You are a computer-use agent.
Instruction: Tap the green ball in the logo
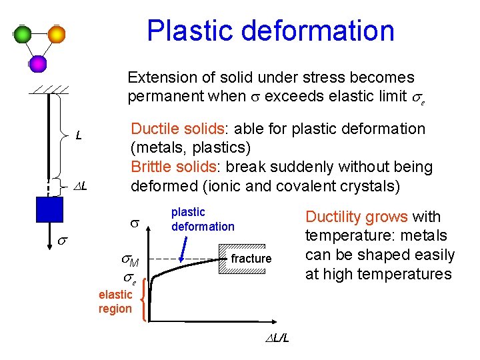click(23, 34)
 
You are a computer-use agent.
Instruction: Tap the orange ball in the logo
click(57, 34)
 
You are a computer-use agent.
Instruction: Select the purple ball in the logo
click(38, 63)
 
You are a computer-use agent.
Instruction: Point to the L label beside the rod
click(79, 136)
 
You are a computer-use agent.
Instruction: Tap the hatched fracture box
click(251, 259)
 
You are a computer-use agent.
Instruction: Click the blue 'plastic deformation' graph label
click(203, 219)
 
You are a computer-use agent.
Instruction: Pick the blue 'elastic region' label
click(115, 301)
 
